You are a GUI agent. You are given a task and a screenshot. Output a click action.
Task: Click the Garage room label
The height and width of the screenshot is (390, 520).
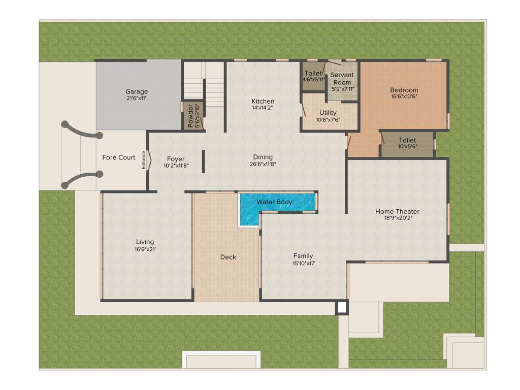[x=137, y=92]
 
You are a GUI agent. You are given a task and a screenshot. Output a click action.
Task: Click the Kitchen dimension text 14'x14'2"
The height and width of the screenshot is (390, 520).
[x=263, y=108]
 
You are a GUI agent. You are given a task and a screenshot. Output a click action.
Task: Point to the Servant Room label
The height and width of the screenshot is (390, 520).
[x=342, y=78]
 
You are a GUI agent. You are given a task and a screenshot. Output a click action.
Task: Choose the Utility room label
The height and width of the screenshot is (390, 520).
[x=328, y=113]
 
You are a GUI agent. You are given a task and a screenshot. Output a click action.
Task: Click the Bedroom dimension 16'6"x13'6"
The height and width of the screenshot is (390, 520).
[x=404, y=96]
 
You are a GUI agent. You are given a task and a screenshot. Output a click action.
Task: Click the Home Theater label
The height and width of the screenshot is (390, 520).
[x=397, y=211]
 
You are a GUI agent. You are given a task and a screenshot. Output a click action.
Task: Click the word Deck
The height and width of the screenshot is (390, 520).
[x=228, y=257]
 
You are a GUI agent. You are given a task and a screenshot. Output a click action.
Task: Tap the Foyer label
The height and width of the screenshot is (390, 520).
[x=176, y=159]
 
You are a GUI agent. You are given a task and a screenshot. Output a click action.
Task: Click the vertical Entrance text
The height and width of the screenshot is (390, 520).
[x=144, y=159]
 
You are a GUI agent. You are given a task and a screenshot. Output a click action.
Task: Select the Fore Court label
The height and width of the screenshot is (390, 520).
[x=119, y=157]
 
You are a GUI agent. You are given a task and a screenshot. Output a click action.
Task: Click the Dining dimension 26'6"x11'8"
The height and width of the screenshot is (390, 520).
[x=263, y=164]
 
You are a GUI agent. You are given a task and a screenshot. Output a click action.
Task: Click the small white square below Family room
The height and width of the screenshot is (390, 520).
[x=341, y=307]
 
